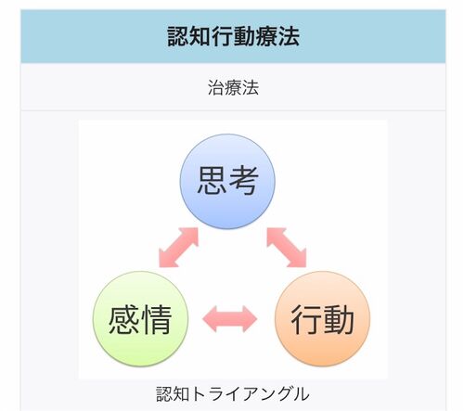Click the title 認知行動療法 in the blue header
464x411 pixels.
pyautogui.click(x=233, y=36)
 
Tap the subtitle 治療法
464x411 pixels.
pyautogui.click(x=233, y=87)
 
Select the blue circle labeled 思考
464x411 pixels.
pyautogui.click(x=227, y=182)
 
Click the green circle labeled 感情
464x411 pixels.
pyautogui.click(x=140, y=319)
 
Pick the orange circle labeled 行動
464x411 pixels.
pyautogui.click(x=322, y=319)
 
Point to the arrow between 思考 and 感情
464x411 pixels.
pyautogui.click(x=178, y=248)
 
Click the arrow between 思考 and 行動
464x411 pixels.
pyautogui.click(x=287, y=248)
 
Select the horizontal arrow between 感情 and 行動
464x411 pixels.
pyautogui.click(x=230, y=319)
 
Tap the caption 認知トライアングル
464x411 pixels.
pyautogui.click(x=233, y=393)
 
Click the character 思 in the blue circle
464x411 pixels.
pyautogui.click(x=212, y=181)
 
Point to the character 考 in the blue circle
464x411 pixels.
pyautogui.click(x=243, y=181)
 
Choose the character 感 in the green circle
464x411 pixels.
pyautogui.click(x=123, y=319)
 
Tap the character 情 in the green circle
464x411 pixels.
pyautogui.click(x=156, y=319)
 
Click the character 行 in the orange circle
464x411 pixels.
pyautogui.click(x=305, y=319)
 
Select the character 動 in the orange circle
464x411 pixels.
pyautogui.click(x=339, y=319)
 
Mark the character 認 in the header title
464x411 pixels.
pyautogui.click(x=178, y=36)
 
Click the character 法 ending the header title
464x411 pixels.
pyautogui.click(x=289, y=36)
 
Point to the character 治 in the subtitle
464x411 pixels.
pyautogui.click(x=216, y=87)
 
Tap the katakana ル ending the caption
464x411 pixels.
pyautogui.click(x=301, y=394)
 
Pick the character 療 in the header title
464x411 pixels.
pyautogui.click(x=266, y=36)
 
